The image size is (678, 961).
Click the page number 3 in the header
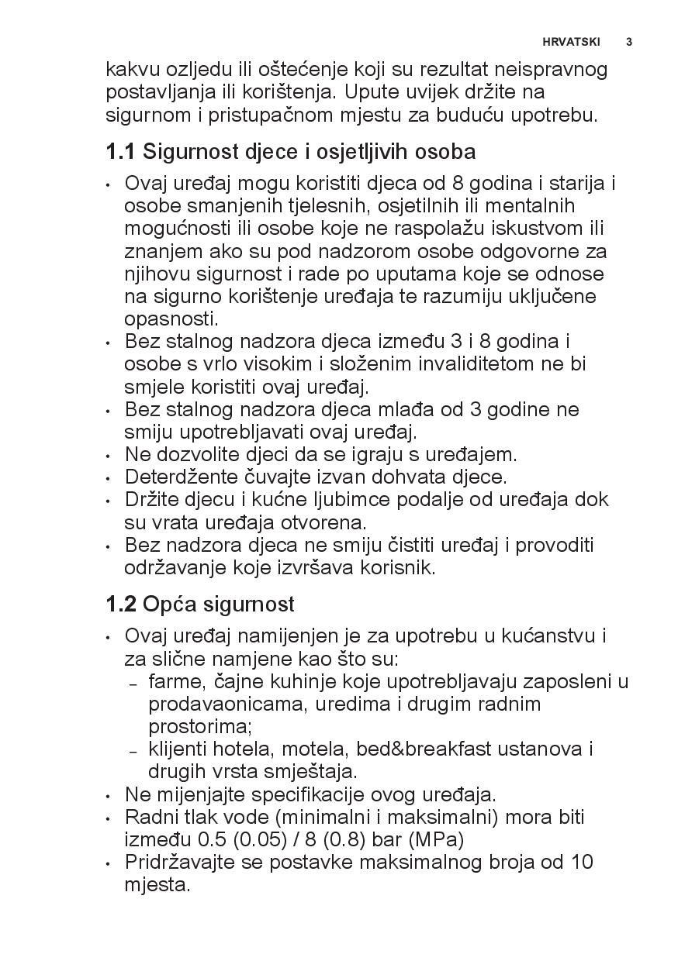pyautogui.click(x=628, y=42)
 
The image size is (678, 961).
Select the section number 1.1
pyautogui.click(x=120, y=151)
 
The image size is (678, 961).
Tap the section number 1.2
pyautogui.click(x=121, y=604)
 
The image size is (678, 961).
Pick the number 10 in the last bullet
pyautogui.click(x=581, y=862)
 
